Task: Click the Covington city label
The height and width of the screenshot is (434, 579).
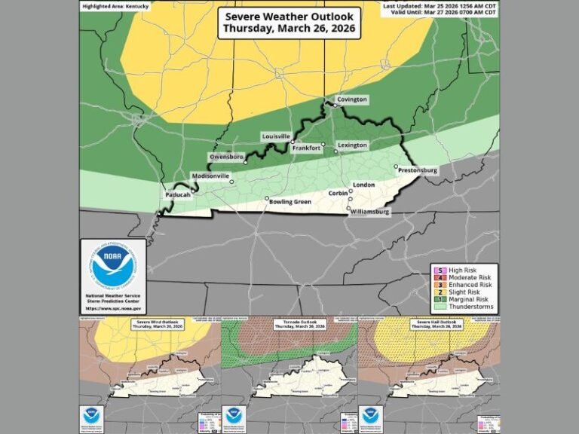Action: tap(352, 99)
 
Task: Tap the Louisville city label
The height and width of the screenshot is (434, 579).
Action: tap(276, 136)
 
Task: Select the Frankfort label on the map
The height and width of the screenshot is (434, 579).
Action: tap(306, 148)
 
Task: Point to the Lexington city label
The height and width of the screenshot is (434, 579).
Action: tap(352, 145)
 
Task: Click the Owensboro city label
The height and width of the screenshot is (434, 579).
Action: tap(226, 157)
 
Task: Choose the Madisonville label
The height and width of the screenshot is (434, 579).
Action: tap(211, 176)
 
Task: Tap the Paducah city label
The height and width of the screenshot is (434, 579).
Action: tap(178, 195)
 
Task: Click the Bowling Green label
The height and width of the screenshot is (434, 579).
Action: tap(291, 201)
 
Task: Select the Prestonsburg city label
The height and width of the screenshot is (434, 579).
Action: tap(417, 171)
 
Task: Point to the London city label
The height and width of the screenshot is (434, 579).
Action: tap(364, 185)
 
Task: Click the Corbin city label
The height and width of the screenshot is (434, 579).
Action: tap(339, 194)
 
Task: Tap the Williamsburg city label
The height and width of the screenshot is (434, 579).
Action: tap(370, 212)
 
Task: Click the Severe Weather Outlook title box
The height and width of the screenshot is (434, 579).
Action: tap(289, 23)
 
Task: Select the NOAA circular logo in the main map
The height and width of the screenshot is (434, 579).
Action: tap(113, 264)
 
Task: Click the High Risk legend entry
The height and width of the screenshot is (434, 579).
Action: tap(461, 270)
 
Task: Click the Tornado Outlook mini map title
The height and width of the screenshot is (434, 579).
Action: tap(289, 325)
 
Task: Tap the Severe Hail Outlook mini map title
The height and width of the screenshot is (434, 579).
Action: tap(430, 325)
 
